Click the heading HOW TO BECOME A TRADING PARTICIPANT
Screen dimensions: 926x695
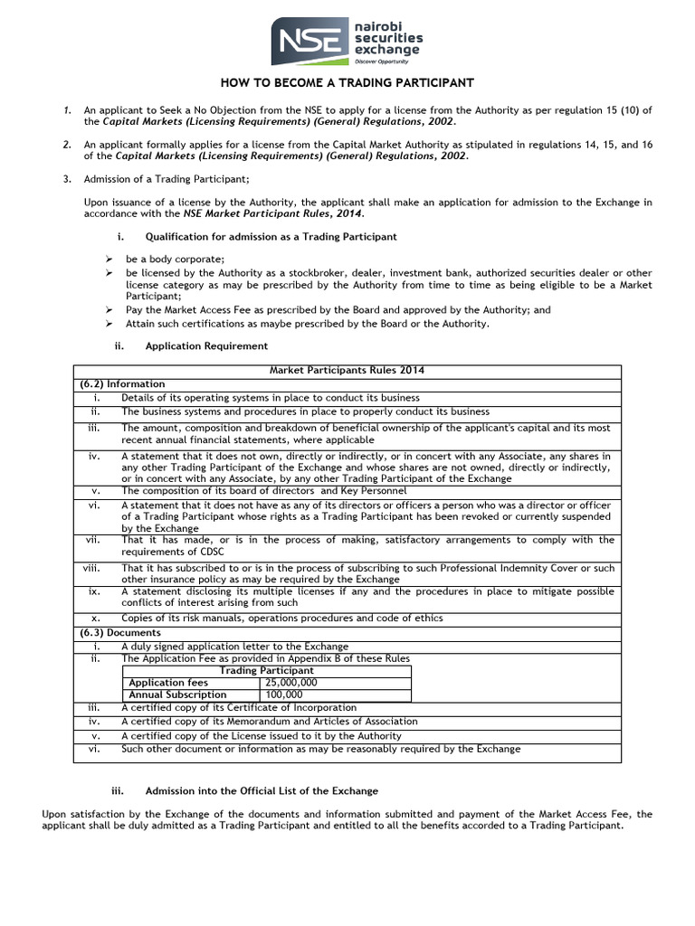347,83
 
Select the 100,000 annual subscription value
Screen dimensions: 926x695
282,694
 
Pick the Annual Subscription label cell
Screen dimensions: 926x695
177,694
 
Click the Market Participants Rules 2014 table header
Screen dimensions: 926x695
347,371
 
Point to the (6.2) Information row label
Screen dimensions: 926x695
119,383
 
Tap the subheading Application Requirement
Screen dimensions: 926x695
206,345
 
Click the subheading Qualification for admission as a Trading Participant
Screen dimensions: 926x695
271,236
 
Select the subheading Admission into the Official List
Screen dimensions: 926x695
262,790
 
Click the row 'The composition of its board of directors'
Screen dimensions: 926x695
258,491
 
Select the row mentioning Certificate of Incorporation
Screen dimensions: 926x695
239,707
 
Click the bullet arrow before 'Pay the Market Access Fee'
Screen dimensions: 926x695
109,309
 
